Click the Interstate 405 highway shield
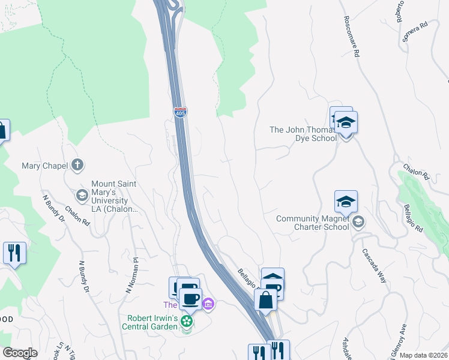point(180,112)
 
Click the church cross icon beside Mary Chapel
point(77,164)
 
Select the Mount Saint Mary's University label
point(114,196)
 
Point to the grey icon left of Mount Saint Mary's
point(82,195)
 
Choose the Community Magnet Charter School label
point(312,223)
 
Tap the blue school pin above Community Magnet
point(346,202)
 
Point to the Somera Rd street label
point(415,33)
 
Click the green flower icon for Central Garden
point(187,322)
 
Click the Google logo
point(20,353)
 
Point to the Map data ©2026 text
point(424,355)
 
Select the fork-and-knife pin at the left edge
point(14,253)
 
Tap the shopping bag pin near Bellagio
point(265,300)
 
